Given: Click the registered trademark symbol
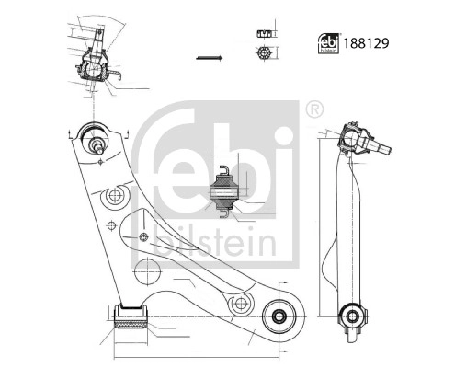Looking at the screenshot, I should pos(316,109).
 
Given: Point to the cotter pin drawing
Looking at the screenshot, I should pos(209,59).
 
